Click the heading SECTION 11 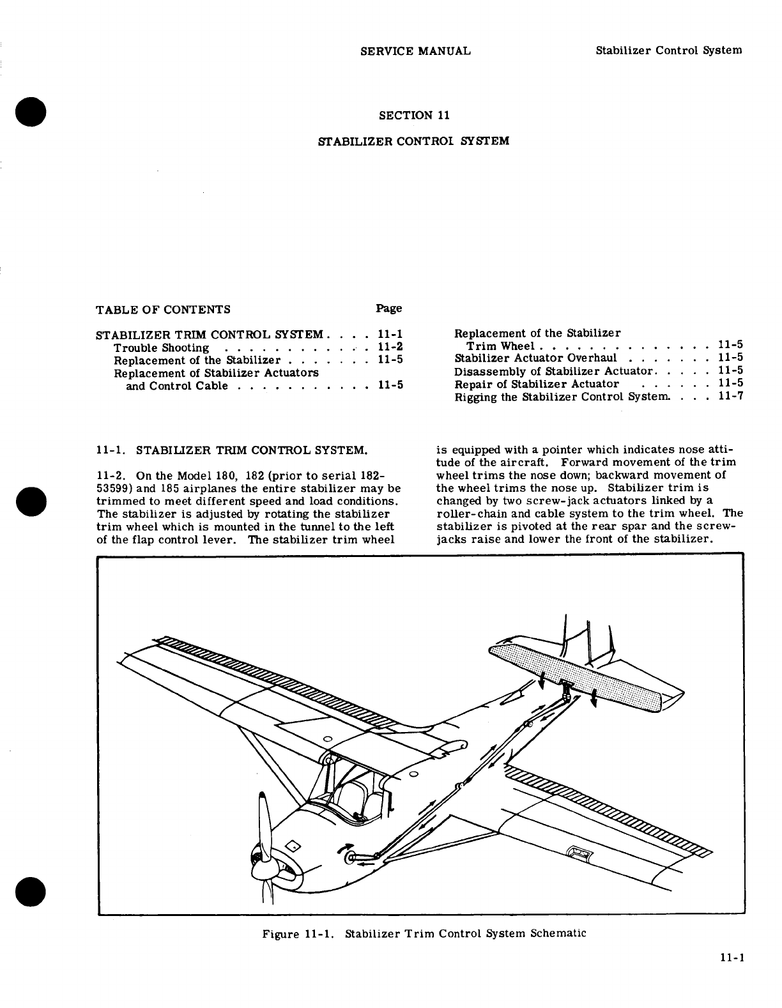[x=415, y=116]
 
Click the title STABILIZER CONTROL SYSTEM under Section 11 [x=413, y=141]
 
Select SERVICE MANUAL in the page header [x=415, y=51]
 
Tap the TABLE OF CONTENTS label [x=163, y=310]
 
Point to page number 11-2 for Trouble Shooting [x=390, y=347]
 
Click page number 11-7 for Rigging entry [x=730, y=397]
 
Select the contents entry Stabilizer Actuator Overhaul [x=535, y=358]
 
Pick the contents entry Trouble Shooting [x=161, y=348]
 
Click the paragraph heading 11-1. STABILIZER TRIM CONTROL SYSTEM [x=231, y=450]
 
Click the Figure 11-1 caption [x=424, y=933]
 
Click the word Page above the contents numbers [x=388, y=309]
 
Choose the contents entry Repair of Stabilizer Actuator [x=537, y=384]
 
